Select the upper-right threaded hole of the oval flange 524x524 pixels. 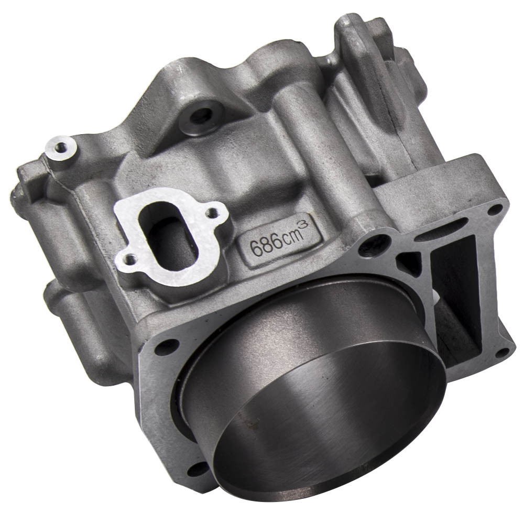(213, 212)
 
